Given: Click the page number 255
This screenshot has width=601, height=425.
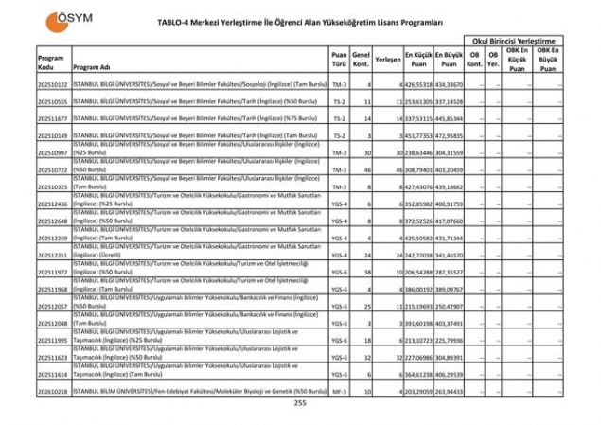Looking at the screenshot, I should coord(300,404).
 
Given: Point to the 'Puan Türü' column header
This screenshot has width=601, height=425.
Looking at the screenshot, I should coord(339,60).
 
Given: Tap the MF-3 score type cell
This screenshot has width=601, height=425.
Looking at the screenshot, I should coord(339,390).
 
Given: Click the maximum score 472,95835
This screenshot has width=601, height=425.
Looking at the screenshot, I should coord(451,136).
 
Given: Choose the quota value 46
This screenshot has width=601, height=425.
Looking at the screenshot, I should coord(363,169).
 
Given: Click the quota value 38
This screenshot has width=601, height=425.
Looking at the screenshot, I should coord(363,272).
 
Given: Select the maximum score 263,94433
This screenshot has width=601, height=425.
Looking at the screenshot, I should coord(451,390).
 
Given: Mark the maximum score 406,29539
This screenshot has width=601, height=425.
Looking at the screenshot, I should coord(451,373).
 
